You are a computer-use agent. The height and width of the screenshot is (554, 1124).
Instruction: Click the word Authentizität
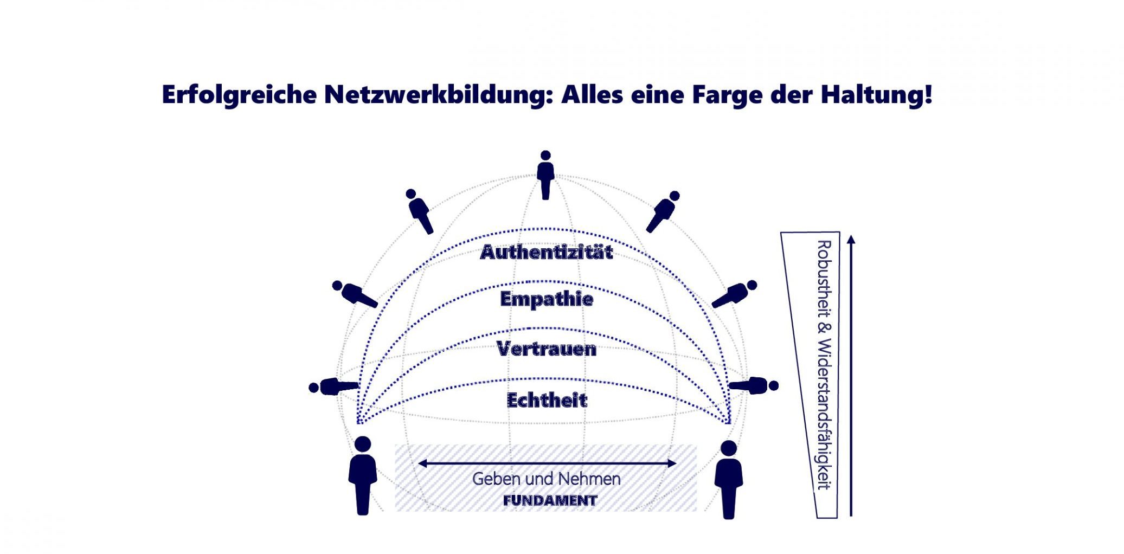547,253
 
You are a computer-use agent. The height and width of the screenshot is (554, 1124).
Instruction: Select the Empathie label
547,299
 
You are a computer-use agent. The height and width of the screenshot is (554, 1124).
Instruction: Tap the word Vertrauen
547,349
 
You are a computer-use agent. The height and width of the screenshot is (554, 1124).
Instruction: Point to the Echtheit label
547,401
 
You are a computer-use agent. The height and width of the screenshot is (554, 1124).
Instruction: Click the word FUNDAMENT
550,501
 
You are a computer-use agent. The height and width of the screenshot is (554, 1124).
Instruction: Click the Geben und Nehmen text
547,479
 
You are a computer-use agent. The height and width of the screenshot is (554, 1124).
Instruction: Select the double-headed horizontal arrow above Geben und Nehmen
547,463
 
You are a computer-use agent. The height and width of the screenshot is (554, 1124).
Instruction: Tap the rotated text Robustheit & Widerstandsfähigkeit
824,364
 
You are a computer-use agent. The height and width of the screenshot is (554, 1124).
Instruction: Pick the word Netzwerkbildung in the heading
438,95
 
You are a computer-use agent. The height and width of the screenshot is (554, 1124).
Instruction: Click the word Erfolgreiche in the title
239,95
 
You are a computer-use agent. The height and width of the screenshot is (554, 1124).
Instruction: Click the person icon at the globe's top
545,175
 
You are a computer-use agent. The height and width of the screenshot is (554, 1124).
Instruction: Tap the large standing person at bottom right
729,480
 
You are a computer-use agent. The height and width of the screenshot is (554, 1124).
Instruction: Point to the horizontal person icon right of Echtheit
754,385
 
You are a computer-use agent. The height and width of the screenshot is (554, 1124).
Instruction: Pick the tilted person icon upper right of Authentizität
663,211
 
